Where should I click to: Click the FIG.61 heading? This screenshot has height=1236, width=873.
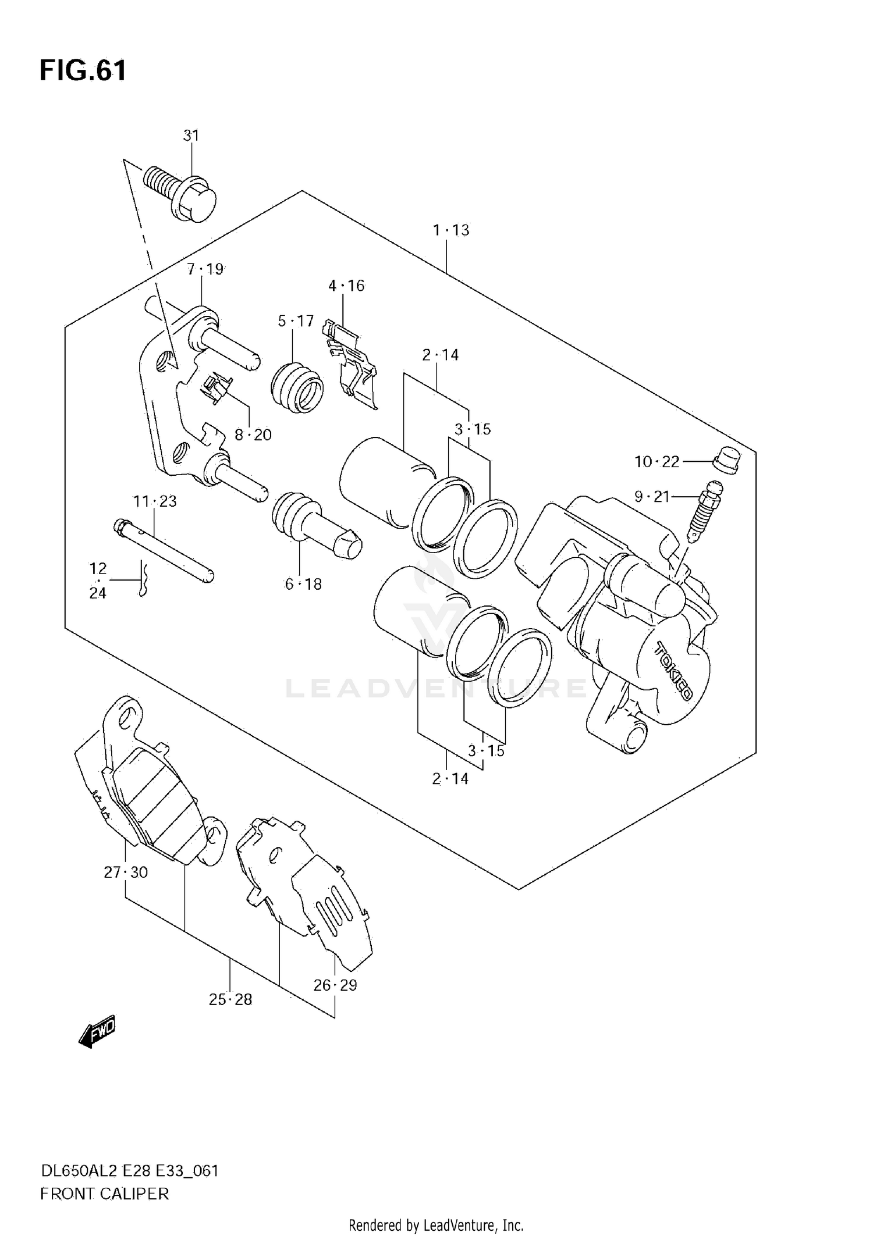[x=83, y=71]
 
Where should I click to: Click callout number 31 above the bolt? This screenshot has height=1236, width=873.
[x=191, y=136]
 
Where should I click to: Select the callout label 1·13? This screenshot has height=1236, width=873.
[x=450, y=230]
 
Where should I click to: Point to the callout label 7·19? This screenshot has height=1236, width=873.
[x=205, y=269]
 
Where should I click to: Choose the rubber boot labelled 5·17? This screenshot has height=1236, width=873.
[x=297, y=387]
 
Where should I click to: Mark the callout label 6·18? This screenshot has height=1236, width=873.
[x=303, y=585]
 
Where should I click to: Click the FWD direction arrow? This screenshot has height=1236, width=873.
[x=97, y=1032]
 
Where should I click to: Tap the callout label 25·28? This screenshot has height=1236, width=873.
[x=230, y=1000]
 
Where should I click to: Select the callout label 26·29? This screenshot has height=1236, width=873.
[x=335, y=985]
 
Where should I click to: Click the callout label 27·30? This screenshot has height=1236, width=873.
[x=126, y=872]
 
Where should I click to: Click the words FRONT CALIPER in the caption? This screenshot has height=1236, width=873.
[x=105, y=1194]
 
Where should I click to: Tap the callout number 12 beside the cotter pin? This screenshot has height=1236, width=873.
[x=98, y=568]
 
